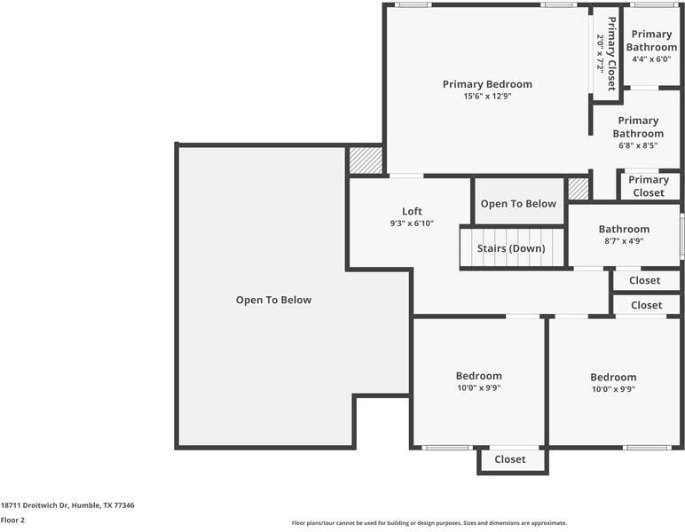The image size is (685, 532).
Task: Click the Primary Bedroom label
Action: (487, 84)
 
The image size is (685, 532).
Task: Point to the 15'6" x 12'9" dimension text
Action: (487, 97)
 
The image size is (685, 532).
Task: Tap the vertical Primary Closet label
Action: (612, 53)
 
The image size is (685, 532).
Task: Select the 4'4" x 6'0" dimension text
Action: (651, 59)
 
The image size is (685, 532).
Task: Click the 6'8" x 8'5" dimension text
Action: (638, 146)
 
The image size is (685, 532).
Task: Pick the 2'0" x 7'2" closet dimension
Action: (600, 53)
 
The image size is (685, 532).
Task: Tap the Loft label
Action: (412, 211)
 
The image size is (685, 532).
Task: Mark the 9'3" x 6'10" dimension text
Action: (412, 223)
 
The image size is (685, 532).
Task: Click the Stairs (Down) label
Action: (511, 248)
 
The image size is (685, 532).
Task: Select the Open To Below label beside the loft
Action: (518, 204)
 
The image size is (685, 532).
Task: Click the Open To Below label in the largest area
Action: (273, 300)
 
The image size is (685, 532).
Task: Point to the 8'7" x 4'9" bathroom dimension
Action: (624, 240)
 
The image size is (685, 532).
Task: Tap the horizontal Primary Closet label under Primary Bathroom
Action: (648, 186)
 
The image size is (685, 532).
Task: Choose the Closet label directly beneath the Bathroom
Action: (645, 280)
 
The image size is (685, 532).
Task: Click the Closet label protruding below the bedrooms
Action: (510, 459)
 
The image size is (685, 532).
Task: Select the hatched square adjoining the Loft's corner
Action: (365, 160)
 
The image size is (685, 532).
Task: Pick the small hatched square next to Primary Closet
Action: (579, 189)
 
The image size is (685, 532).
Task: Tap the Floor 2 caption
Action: (12, 520)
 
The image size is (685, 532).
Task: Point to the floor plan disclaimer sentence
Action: (429, 523)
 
